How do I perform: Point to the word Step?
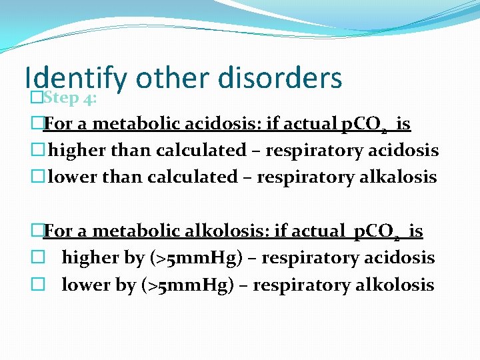61,98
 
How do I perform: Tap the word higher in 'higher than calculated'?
77,151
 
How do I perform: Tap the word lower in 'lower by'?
82,285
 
